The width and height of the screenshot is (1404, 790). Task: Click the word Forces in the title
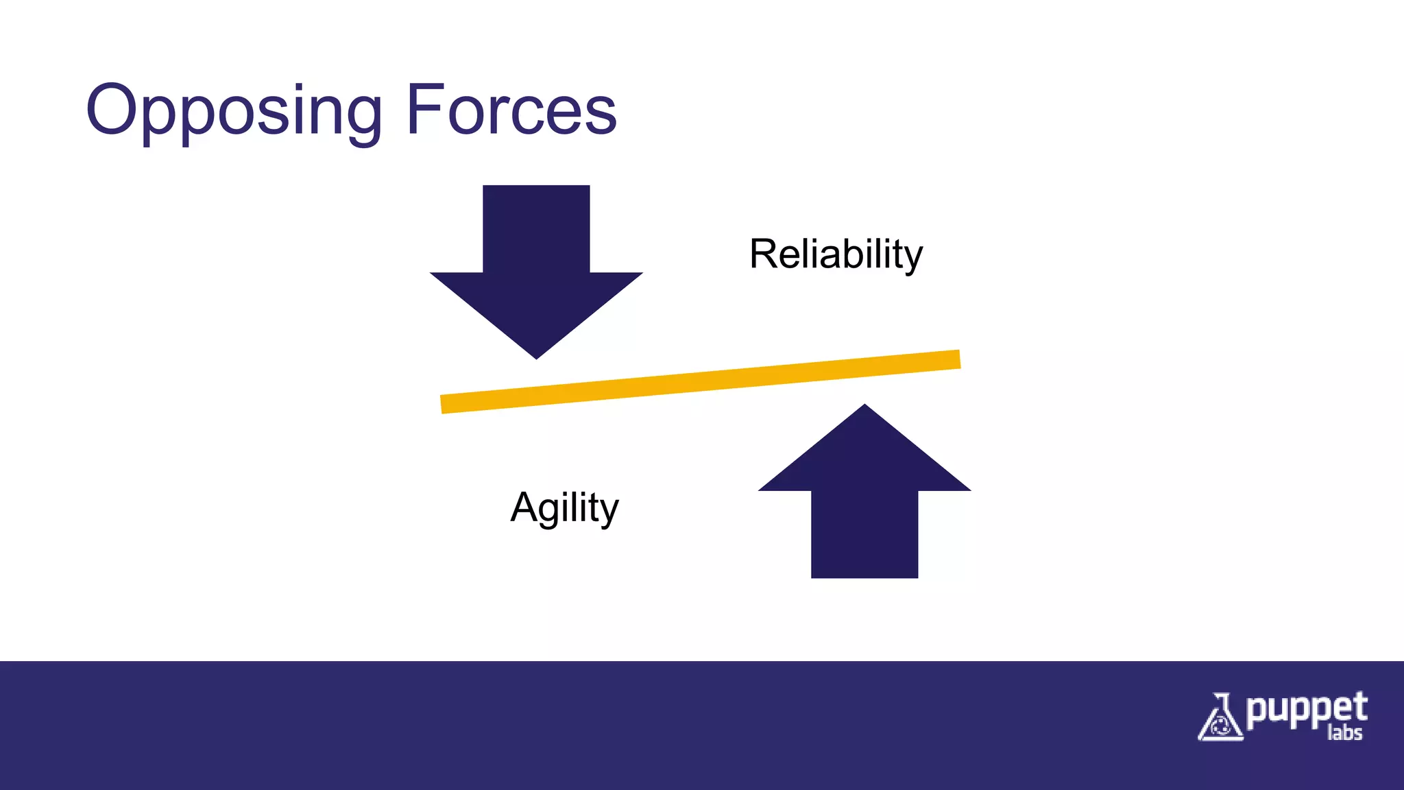[511, 110]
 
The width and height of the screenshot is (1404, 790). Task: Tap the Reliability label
[836, 254]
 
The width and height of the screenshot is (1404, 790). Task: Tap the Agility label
[564, 508]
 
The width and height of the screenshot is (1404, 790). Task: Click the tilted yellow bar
[699, 381]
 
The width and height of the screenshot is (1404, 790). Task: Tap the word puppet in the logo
[1306, 710]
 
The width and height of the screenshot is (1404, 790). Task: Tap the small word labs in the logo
[1344, 733]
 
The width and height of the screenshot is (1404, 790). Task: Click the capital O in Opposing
[113, 110]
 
